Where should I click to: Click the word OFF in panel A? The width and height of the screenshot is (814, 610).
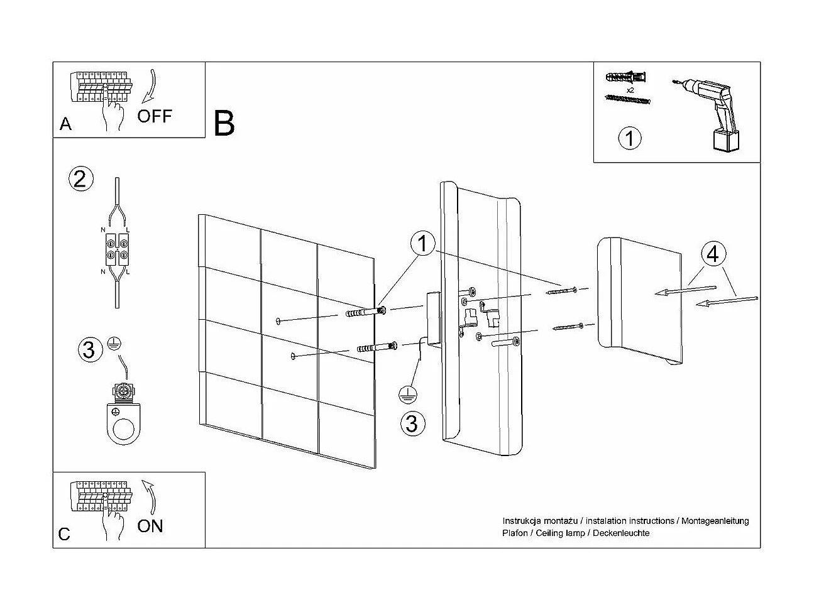154,116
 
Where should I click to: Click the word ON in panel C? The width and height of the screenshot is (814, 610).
150,525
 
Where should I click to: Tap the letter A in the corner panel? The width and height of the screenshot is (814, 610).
65,124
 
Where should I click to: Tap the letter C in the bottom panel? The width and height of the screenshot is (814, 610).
65,535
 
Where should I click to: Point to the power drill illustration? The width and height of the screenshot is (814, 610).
713,113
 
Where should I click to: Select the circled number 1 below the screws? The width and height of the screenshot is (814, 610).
630,138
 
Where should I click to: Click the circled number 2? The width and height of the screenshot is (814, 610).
80,179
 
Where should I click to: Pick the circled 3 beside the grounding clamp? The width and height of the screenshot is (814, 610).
89,349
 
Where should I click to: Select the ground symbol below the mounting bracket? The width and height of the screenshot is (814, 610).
409,394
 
